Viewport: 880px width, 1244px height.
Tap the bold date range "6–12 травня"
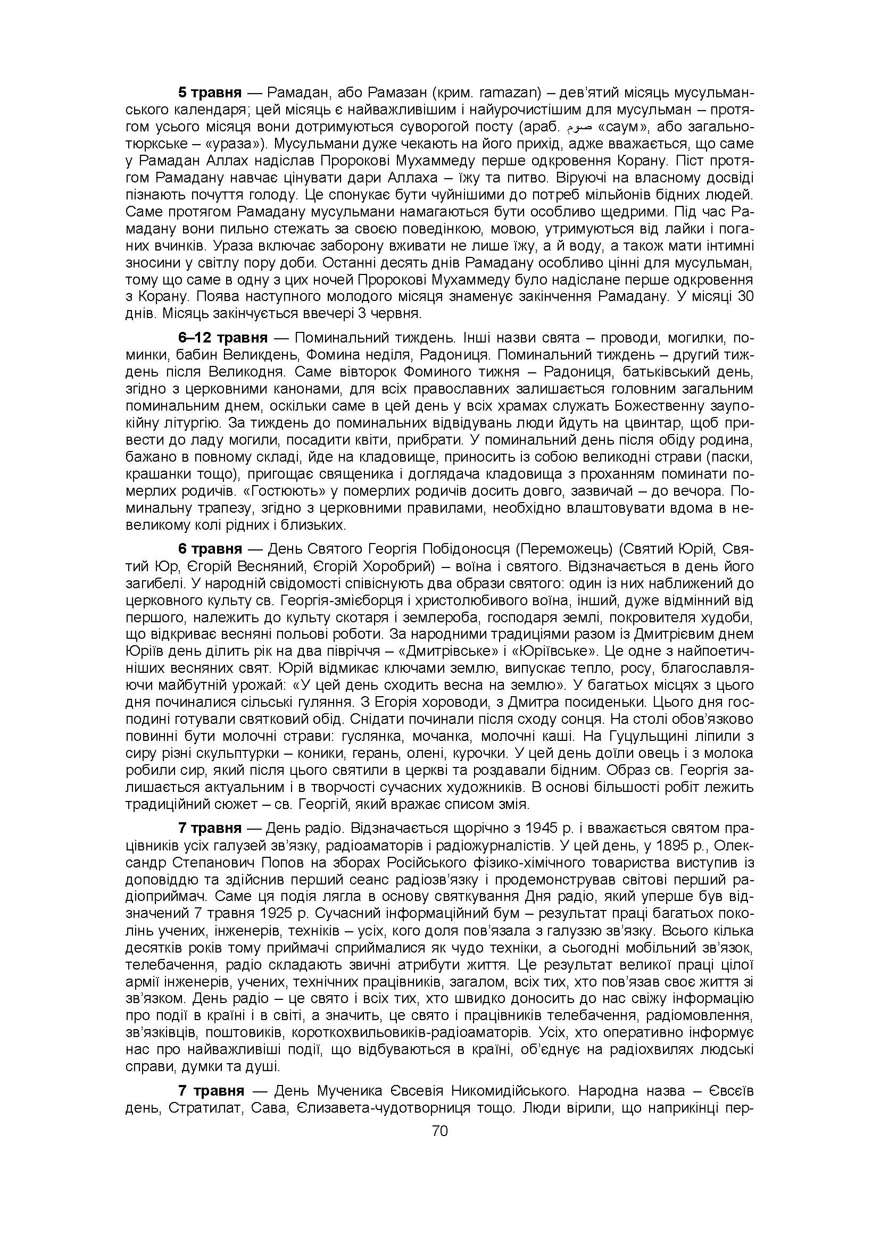pos(223,338)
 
